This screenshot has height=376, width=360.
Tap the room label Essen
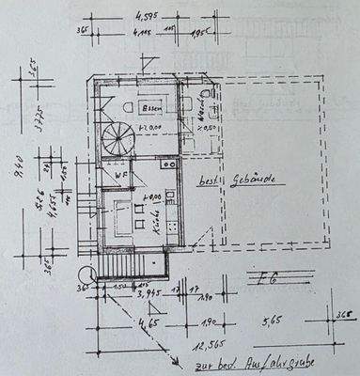tap(141, 106)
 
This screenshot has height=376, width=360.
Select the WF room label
tap(121, 175)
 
